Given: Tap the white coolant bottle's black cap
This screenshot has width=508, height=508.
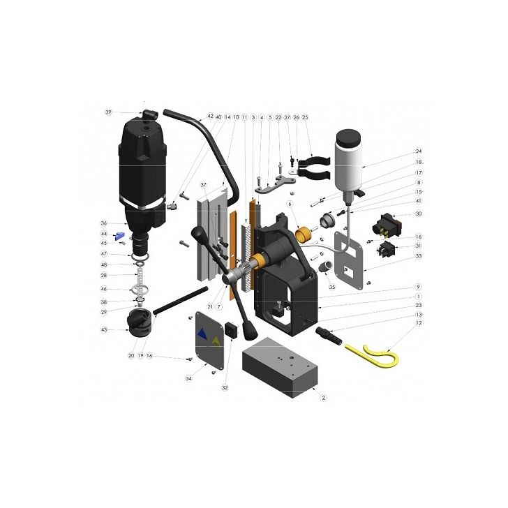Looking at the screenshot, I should pos(359,192).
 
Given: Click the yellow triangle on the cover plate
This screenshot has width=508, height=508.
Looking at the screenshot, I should pos(216,341).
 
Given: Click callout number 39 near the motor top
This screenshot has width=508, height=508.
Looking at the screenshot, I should pos(108,112).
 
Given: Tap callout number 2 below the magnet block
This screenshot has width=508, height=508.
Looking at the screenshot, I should pos(324,398).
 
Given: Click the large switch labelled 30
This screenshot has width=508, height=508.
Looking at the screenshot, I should pos(388,221).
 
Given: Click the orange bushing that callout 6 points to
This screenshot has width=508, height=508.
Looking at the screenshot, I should pos(303,237).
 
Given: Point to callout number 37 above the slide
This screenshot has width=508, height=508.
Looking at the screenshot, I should pos(204,185).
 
